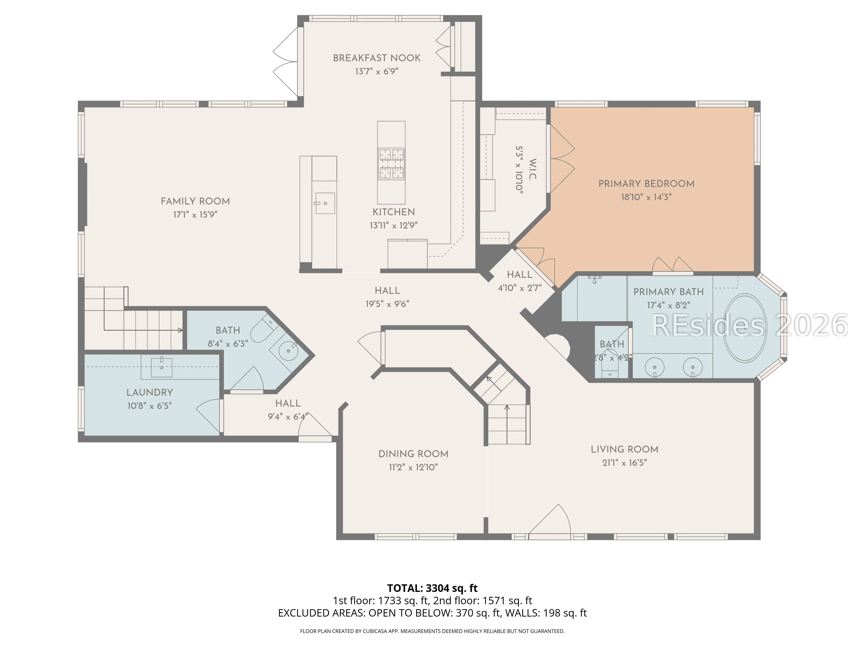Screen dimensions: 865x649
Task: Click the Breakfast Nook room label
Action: pyautogui.click(x=376, y=58)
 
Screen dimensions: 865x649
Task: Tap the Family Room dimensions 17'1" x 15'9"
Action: pyautogui.click(x=195, y=214)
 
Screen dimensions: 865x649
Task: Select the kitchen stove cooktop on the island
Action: pyautogui.click(x=391, y=164)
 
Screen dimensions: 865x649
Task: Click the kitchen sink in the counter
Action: pyautogui.click(x=325, y=203)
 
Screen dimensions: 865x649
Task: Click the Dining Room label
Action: pyautogui.click(x=413, y=454)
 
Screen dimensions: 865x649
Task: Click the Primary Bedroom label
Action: pyautogui.click(x=646, y=184)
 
